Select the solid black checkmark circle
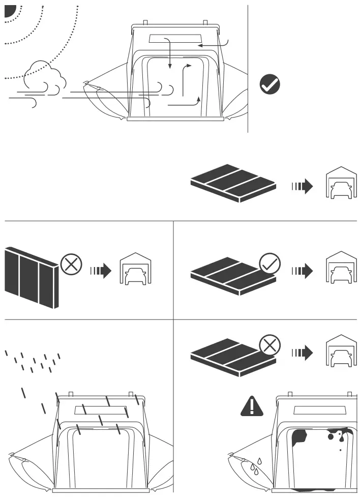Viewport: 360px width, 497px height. coord(269,84)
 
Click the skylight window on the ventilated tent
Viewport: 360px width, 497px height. coord(174,40)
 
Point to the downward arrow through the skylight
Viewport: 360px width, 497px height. coord(170,53)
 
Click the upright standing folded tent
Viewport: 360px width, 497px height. coord(32,277)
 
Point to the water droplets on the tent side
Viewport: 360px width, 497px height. coord(255,464)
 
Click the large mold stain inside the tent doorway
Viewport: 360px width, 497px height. coord(300,436)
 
